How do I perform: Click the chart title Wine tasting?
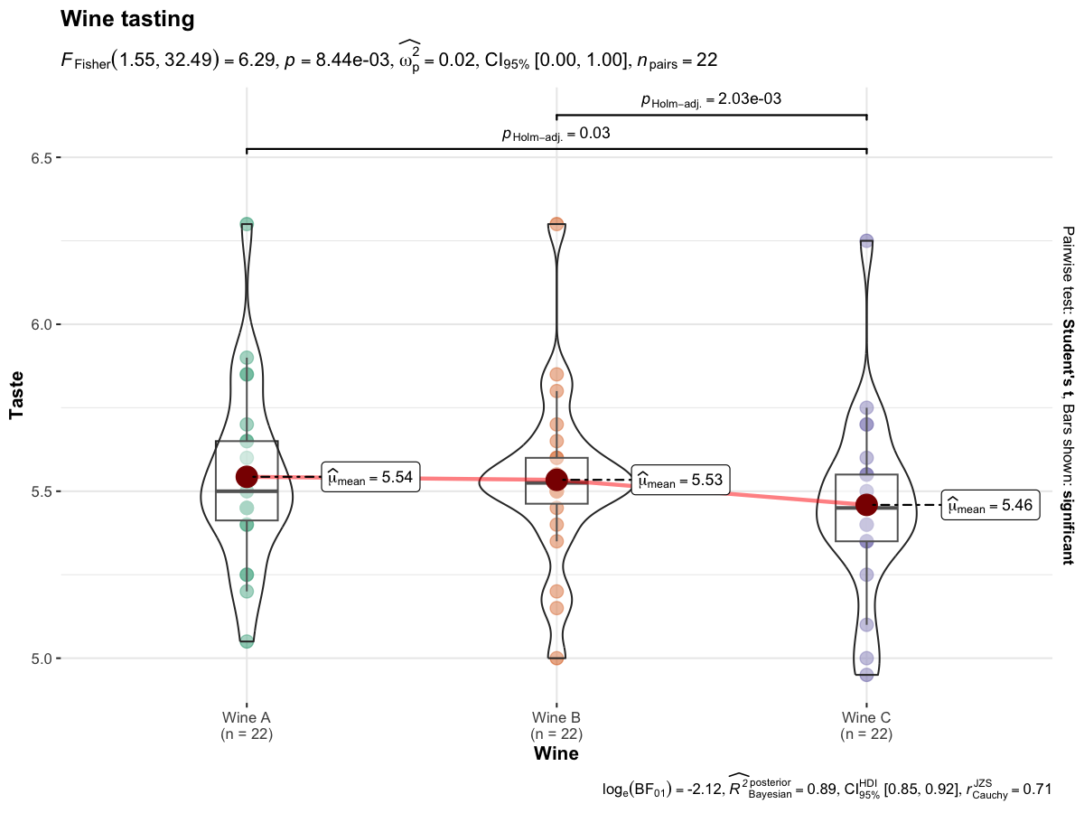point(126,19)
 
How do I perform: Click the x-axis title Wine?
point(556,752)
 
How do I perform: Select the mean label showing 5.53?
point(681,481)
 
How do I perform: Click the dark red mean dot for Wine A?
point(247,476)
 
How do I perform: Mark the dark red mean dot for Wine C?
point(866,504)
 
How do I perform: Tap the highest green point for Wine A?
point(247,224)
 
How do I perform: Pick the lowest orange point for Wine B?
point(556,658)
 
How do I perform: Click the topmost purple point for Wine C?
point(866,241)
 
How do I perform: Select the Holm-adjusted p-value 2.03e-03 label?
point(711,99)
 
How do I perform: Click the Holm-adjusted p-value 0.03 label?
point(556,134)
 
